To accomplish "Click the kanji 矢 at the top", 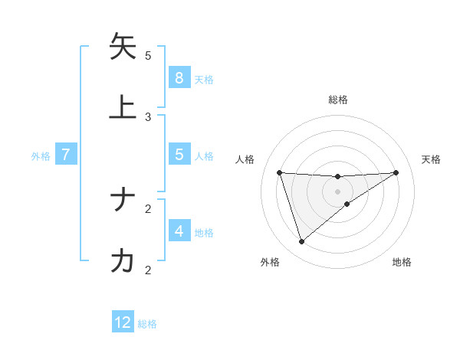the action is [123, 47].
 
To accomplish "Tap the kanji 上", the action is [123, 106].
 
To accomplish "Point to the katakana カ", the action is [123, 260].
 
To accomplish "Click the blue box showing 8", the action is [179, 77].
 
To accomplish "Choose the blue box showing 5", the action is [179, 154].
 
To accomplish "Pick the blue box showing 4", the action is [179, 231].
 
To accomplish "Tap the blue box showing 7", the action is [66, 154].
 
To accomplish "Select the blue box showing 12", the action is [123, 322].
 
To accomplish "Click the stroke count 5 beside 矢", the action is [148, 55].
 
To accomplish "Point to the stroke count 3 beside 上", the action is [148, 116].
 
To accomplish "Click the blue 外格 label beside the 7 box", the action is [41, 155].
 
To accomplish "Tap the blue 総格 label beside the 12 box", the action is [147, 324].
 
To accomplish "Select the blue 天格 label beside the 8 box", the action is [204, 79].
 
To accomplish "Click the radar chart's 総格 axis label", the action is [338, 100].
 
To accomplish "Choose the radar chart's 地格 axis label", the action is [402, 262].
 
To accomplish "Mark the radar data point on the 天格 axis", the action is [396, 172].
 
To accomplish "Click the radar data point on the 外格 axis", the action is [301, 242].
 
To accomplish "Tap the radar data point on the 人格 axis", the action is [280, 172].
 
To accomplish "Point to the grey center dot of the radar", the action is [338, 191].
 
